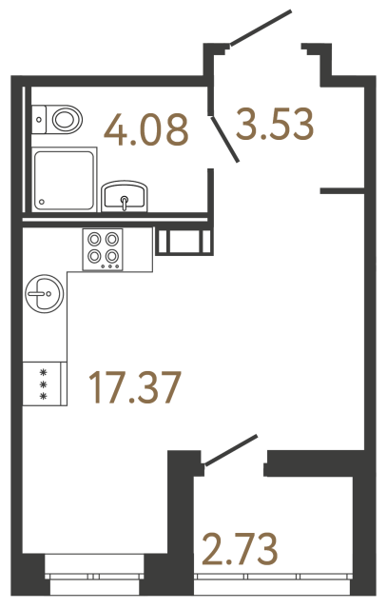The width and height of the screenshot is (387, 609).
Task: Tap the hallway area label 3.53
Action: pyautogui.click(x=276, y=125)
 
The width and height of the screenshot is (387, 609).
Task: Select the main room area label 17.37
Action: pyautogui.click(x=133, y=386)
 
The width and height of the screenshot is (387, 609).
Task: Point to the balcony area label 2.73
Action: pyautogui.click(x=239, y=549)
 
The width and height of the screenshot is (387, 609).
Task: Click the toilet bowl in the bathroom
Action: pyautogui.click(x=66, y=120)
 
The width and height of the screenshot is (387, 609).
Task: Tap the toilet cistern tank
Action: pyautogui.click(x=40, y=119)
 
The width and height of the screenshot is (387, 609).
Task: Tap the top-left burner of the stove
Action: pyautogui.click(x=96, y=241)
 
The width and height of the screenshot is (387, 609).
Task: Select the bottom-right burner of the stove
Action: pyautogui.click(x=112, y=255)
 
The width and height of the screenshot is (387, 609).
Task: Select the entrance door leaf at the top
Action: pyautogui.click(x=261, y=28)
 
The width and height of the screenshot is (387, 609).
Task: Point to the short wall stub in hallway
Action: pyautogui.click(x=343, y=192)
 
